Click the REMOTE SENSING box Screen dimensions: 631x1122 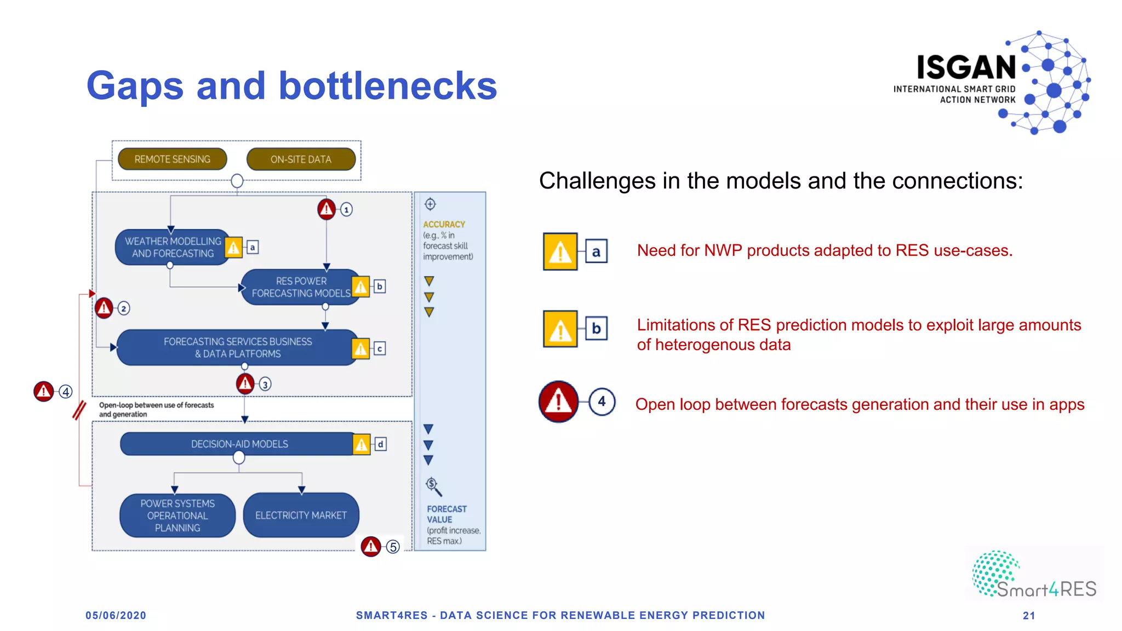(x=172, y=159)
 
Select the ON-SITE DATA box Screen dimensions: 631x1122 (x=301, y=159)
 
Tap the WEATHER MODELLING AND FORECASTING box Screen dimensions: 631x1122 (x=172, y=247)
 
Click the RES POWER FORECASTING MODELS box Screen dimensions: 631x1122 (x=300, y=287)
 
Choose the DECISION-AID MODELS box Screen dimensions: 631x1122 (x=239, y=444)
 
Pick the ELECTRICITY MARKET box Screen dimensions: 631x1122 (x=301, y=515)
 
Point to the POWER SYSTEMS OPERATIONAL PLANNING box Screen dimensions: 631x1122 (x=178, y=515)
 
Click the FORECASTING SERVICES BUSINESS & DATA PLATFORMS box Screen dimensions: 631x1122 (x=237, y=347)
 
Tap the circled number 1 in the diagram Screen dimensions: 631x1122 (x=346, y=209)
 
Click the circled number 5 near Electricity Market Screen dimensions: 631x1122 (x=393, y=547)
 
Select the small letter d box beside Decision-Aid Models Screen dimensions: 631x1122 (x=380, y=444)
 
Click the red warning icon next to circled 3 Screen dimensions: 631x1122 (x=245, y=383)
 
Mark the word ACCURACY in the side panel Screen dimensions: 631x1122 (x=444, y=225)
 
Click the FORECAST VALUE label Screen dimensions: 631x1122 (x=446, y=514)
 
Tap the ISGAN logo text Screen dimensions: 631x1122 (x=966, y=68)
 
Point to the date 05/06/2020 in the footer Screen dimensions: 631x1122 (x=116, y=615)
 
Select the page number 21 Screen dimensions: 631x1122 (x=1029, y=616)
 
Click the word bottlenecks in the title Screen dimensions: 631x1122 (x=387, y=86)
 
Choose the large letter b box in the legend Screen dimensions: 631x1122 (x=596, y=329)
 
